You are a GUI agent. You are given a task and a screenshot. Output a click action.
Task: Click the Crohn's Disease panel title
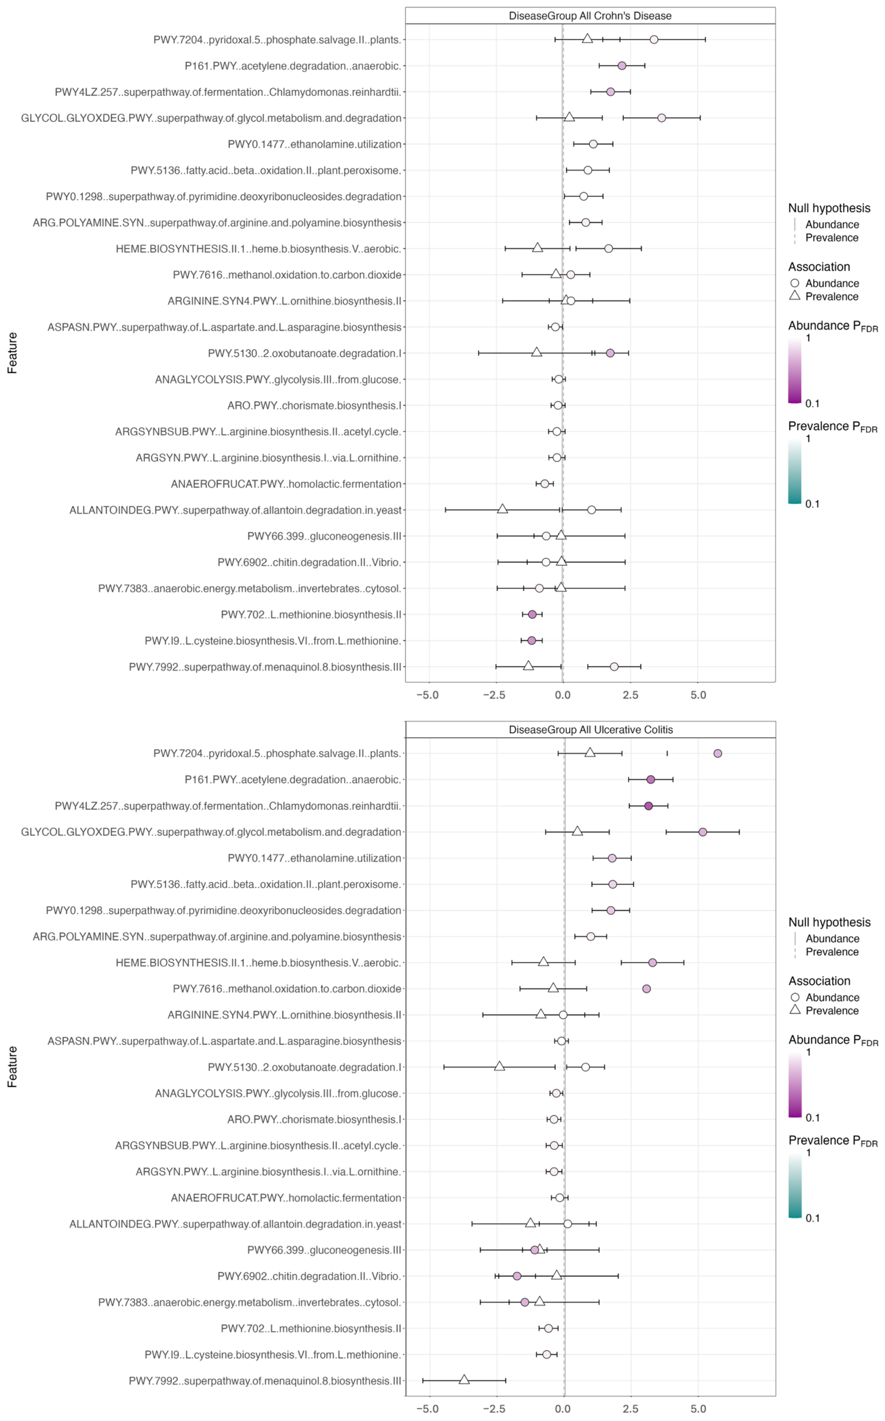[590, 16]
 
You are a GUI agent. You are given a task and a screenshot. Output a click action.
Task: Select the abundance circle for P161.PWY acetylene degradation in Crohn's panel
[622, 65]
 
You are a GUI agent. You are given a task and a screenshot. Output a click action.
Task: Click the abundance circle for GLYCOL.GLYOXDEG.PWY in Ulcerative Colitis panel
[702, 832]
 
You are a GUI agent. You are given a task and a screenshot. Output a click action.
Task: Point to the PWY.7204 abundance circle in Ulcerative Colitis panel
[718, 753]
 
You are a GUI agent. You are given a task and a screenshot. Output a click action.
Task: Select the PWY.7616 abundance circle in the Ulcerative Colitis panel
[646, 989]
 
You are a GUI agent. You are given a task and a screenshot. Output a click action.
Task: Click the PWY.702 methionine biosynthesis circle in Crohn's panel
[532, 614]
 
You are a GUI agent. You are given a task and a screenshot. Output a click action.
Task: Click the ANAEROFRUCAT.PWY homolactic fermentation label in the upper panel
[286, 484]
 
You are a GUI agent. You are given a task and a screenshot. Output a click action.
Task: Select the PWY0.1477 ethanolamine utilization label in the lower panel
[314, 858]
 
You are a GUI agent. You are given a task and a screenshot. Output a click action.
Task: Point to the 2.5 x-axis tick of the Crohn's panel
[630, 695]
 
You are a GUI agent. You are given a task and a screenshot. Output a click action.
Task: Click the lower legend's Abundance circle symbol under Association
[795, 997]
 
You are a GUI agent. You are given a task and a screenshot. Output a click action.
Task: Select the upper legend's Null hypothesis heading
[829, 208]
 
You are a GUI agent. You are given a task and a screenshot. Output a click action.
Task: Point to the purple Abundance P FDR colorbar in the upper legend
[795, 370]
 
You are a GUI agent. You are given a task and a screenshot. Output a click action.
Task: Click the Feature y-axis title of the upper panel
[12, 353]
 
